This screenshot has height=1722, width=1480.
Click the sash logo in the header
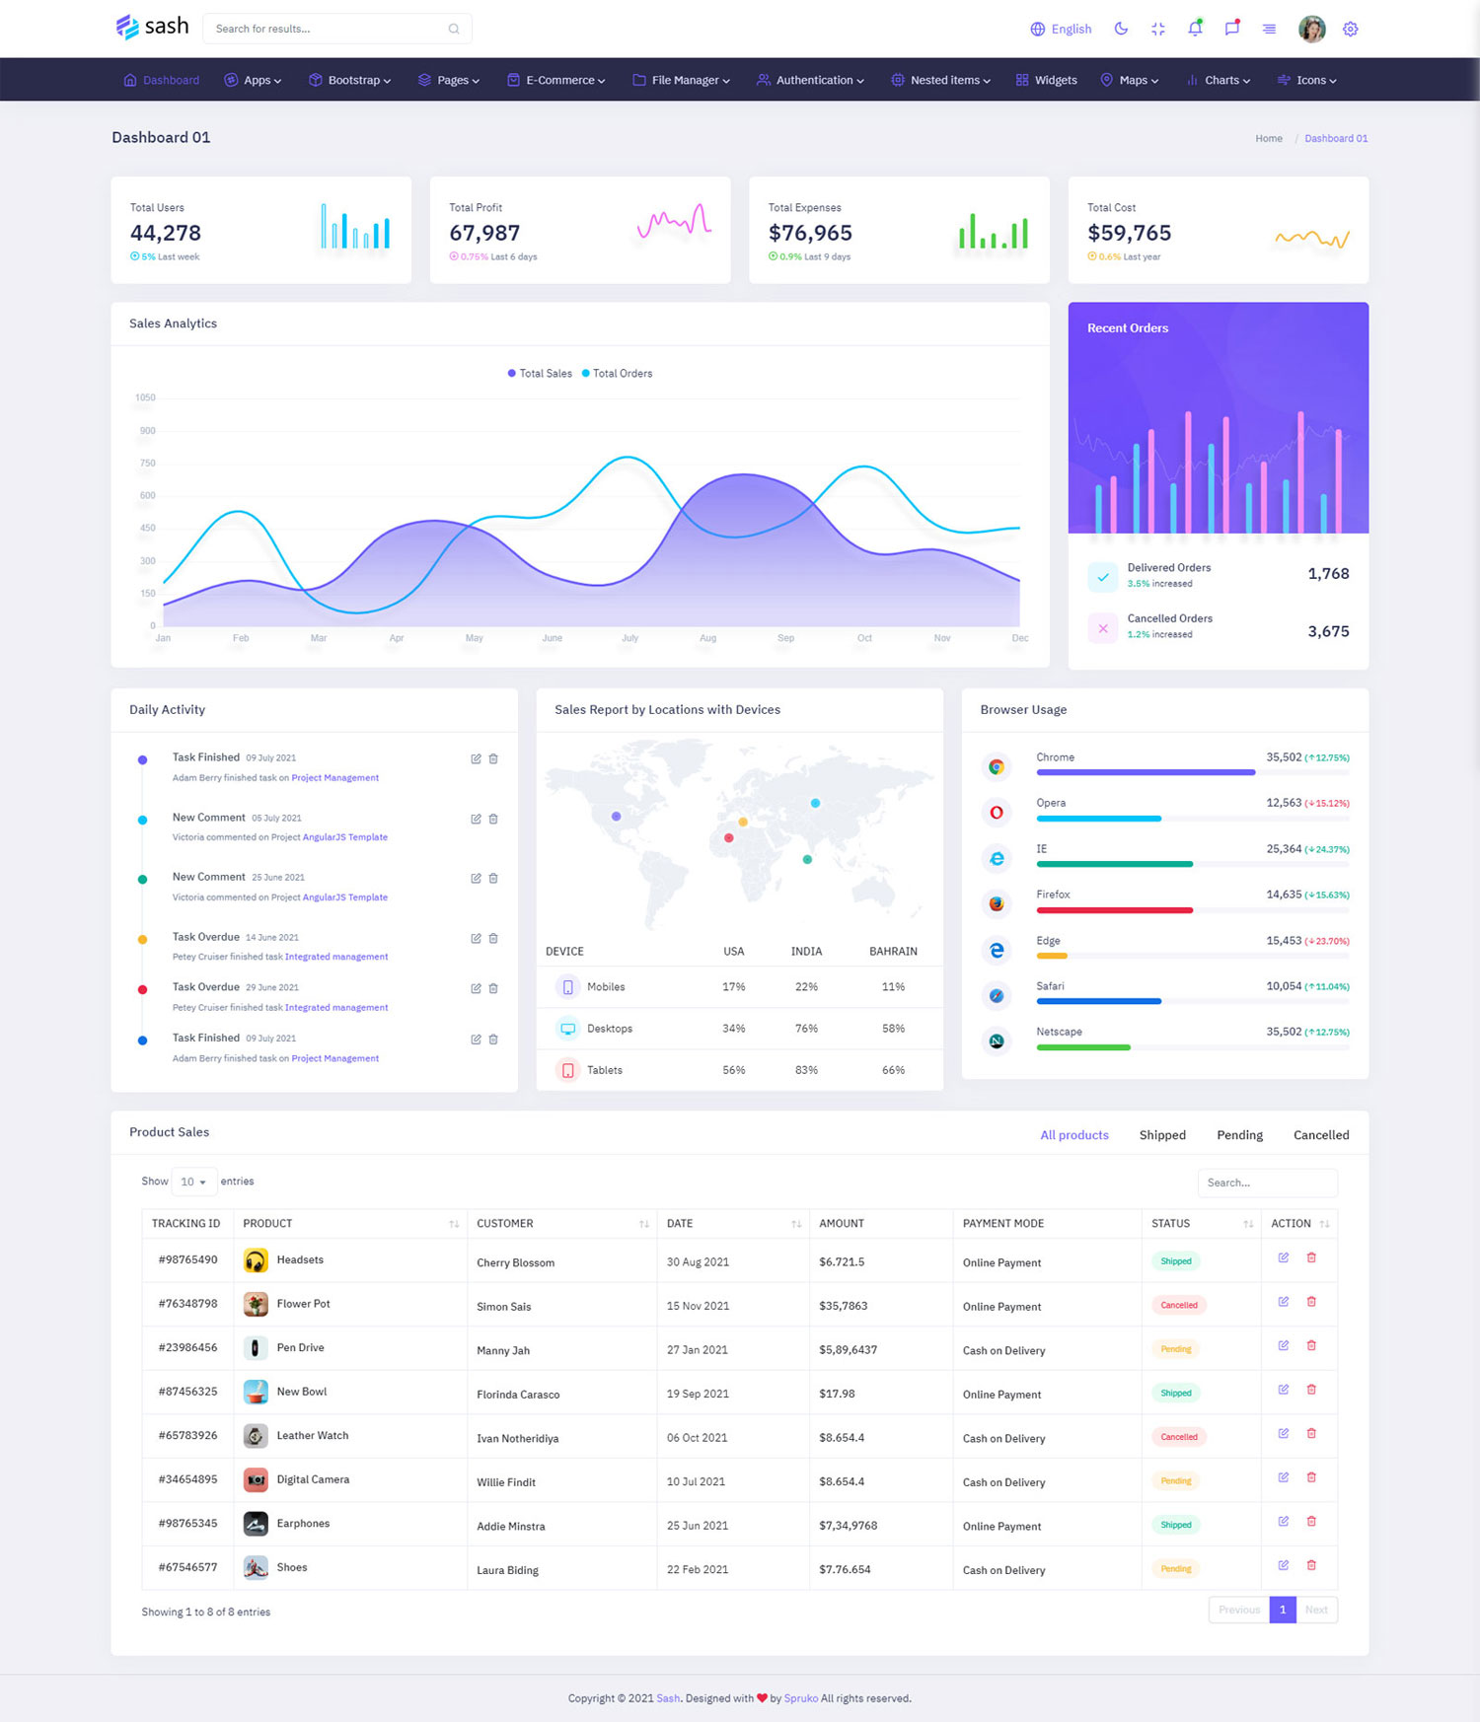point(152,27)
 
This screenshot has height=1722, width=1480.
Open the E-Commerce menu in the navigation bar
point(556,80)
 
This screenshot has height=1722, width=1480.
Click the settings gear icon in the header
point(1351,30)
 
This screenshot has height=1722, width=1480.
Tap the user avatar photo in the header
point(1311,30)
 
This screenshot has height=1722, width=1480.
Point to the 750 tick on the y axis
point(147,464)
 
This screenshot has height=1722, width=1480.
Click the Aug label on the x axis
point(707,638)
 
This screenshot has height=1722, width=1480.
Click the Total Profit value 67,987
point(484,234)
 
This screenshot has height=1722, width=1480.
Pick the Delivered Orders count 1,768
point(1328,574)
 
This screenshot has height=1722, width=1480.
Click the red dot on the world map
point(729,838)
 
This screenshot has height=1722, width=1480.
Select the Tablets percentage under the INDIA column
point(806,1070)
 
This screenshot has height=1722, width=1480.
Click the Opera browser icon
point(997,813)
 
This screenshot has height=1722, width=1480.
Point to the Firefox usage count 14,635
point(1284,895)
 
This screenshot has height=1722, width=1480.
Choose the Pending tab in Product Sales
point(1239,1135)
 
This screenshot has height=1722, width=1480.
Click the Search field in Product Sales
point(1267,1183)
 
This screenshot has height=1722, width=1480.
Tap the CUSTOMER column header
point(505,1224)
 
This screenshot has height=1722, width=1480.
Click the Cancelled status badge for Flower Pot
point(1179,1306)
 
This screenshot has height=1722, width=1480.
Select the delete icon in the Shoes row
point(1311,1565)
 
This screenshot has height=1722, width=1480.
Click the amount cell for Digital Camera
point(842,1481)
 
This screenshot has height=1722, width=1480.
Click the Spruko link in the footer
point(800,1698)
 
